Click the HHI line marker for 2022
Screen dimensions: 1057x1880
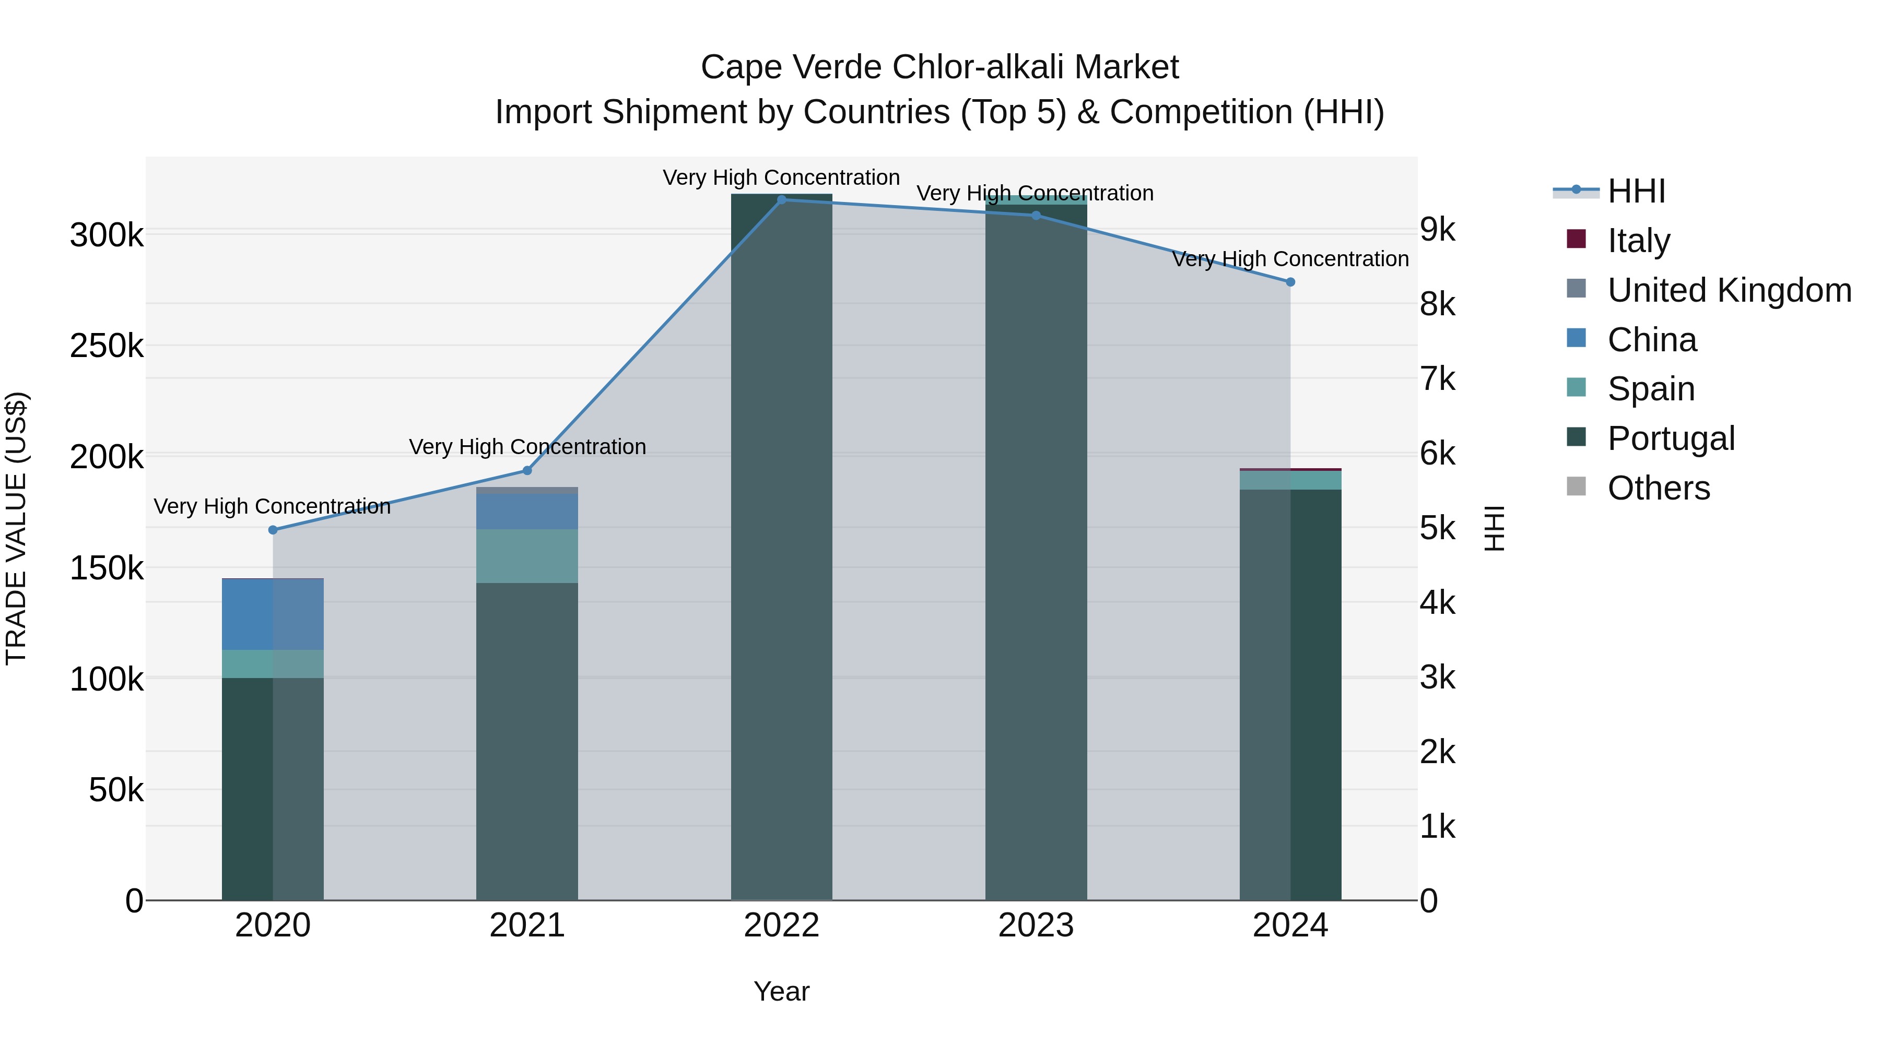pos(782,199)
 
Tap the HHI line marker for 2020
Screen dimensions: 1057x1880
pos(273,530)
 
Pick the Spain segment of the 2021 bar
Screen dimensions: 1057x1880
pos(527,556)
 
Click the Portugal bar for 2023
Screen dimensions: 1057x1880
pos(1036,554)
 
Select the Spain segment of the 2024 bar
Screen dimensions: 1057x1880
pos(1290,480)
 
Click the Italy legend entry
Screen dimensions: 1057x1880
pos(1638,241)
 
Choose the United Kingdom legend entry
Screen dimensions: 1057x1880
pos(1728,290)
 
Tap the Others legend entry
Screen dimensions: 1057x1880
pos(1658,488)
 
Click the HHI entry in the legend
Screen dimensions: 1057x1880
pos(1636,191)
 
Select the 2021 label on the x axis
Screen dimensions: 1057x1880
pos(527,925)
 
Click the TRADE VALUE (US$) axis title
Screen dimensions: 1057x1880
pos(16,528)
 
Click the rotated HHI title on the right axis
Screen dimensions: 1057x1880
pos(1495,528)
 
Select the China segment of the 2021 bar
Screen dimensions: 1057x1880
pos(527,510)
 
